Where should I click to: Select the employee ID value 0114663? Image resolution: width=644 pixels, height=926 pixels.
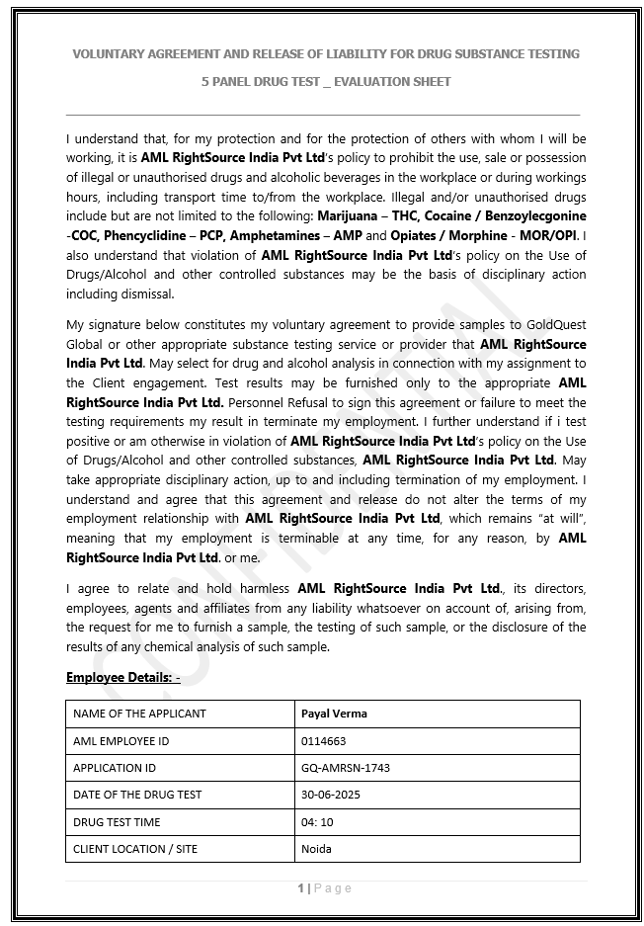(323, 740)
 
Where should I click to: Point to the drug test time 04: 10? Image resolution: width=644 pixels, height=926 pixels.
(317, 822)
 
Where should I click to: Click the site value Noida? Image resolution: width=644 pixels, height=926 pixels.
(316, 849)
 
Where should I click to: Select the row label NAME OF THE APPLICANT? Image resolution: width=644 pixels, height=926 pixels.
(139, 714)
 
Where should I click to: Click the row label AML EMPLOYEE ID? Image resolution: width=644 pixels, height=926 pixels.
(121, 740)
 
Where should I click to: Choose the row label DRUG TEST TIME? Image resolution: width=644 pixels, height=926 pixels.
(117, 822)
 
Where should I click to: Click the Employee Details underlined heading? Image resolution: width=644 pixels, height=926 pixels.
(122, 678)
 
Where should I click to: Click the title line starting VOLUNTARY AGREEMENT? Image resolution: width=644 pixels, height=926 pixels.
(326, 53)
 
